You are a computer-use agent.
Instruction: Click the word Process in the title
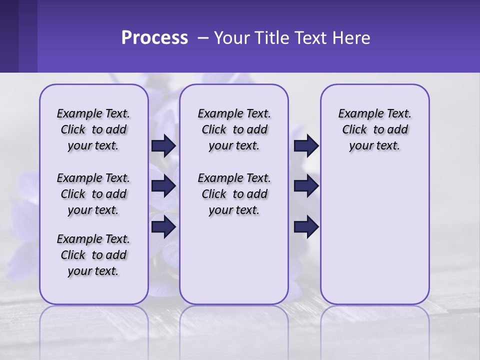tap(154, 38)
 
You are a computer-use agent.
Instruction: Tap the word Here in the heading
tap(352, 38)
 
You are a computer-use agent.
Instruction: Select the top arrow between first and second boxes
tap(163, 145)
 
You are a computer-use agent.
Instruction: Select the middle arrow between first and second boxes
tap(163, 186)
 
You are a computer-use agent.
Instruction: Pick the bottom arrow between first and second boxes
tap(163, 226)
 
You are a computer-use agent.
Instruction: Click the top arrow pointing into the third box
tap(306, 145)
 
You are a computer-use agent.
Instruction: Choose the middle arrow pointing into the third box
tap(306, 186)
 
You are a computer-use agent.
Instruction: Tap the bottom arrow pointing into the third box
tap(306, 226)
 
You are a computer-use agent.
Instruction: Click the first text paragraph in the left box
tap(93, 129)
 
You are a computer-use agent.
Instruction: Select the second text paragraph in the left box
tap(93, 194)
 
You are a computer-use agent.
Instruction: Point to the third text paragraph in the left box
tap(93, 255)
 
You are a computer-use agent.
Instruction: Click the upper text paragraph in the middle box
tap(234, 129)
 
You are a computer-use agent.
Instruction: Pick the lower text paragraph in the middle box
tap(234, 194)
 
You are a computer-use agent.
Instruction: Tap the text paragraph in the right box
tap(374, 129)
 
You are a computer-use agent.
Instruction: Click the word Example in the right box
tap(357, 113)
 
